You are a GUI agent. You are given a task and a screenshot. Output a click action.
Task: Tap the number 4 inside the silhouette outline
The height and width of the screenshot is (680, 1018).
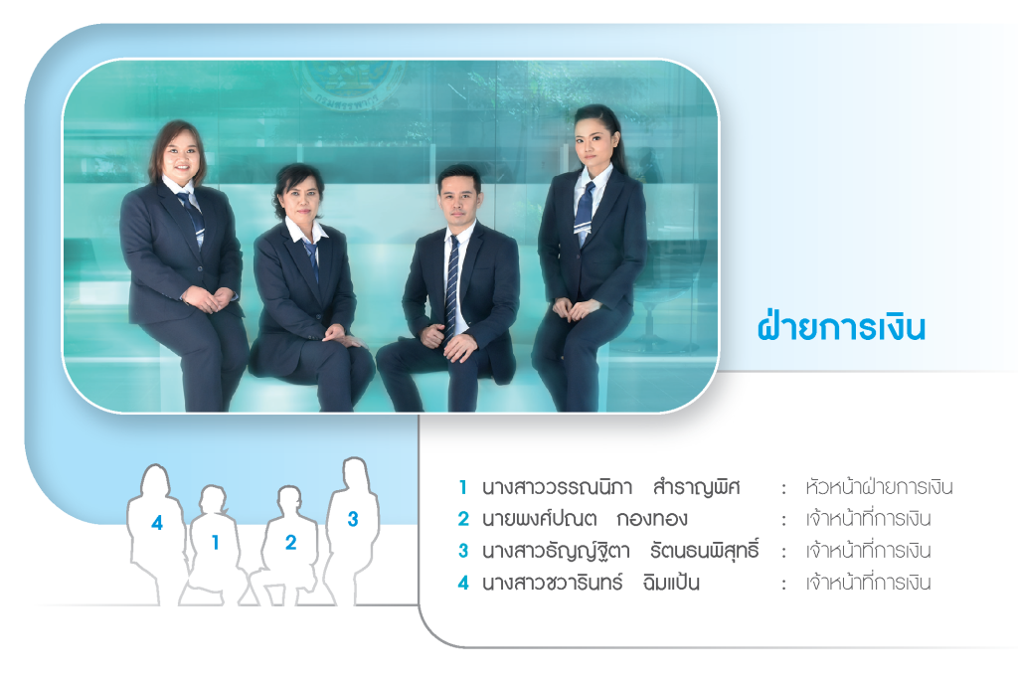(x=157, y=523)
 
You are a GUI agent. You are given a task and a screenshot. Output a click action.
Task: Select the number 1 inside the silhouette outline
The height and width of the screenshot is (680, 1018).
(x=216, y=543)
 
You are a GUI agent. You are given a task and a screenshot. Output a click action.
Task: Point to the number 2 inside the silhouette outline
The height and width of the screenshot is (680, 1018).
(x=291, y=543)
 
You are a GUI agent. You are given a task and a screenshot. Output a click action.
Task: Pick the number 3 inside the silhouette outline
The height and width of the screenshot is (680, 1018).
(x=353, y=519)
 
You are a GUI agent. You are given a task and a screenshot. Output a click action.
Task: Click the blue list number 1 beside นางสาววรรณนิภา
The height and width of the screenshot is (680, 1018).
(x=463, y=487)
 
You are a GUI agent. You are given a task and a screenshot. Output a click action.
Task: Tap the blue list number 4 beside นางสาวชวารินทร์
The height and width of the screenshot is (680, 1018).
(x=463, y=583)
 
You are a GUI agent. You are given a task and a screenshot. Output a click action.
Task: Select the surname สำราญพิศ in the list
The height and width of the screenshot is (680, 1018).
(x=696, y=486)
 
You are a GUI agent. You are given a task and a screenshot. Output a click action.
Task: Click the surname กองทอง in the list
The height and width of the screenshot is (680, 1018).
(x=652, y=519)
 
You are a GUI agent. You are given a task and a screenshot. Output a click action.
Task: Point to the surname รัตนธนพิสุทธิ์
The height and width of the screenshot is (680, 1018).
(x=705, y=550)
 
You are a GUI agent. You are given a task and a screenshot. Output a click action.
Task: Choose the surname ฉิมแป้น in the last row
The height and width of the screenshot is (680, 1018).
(x=671, y=582)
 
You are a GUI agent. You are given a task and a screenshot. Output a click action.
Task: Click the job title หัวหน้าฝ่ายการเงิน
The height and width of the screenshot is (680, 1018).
(x=879, y=486)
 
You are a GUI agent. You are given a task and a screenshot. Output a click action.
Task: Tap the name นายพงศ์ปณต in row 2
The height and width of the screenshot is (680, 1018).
(x=539, y=518)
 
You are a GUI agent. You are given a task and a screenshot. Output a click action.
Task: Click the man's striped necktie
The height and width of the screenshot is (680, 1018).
(x=452, y=285)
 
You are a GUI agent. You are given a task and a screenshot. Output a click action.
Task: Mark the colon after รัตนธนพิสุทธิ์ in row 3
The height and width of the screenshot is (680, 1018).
(x=783, y=552)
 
